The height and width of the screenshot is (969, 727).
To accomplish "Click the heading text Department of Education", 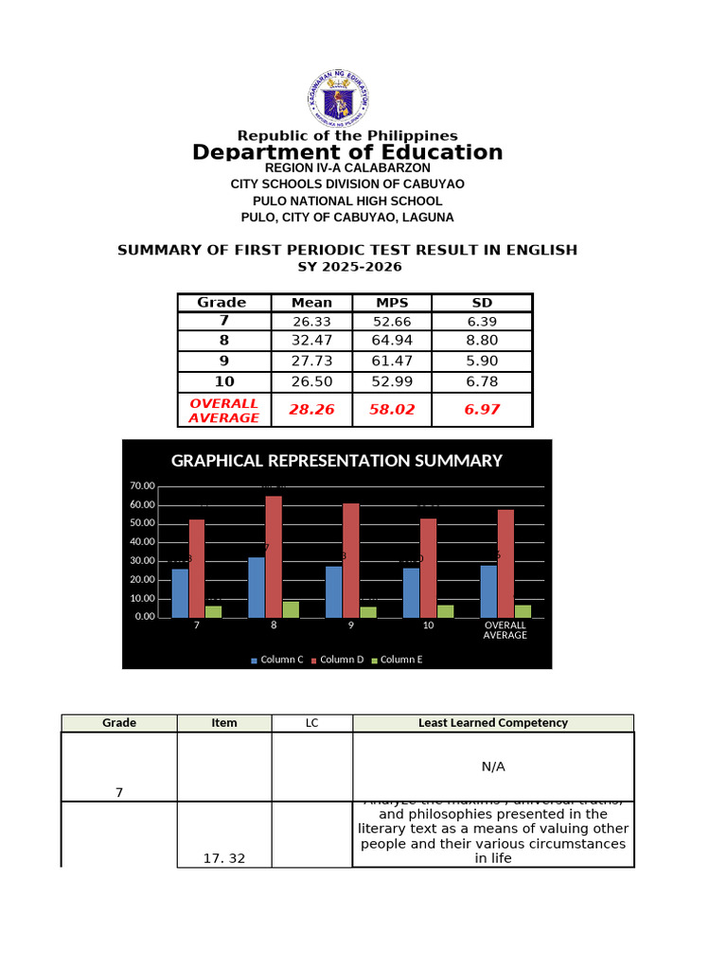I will point(347,152).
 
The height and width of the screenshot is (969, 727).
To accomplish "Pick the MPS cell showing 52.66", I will point(391,322).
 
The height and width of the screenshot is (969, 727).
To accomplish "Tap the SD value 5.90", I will point(482,361).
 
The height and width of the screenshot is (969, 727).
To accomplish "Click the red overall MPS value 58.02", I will point(391,410).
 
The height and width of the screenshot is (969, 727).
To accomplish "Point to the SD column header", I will point(482,302).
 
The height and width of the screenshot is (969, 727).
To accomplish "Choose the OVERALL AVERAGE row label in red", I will point(224,410).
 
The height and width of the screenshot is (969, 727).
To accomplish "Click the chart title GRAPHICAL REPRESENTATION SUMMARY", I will point(336,461).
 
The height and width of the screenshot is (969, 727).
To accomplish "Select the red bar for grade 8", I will point(274,556).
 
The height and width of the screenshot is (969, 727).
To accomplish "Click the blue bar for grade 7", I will point(180,592).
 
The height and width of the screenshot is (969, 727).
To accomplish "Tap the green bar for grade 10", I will point(446,611).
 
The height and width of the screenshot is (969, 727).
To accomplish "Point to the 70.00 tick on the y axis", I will point(143,486).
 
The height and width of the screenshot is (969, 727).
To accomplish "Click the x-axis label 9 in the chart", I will point(351,626).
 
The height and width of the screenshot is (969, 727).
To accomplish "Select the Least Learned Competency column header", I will point(492,723).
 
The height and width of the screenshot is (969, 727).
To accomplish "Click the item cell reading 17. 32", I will point(224,858).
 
